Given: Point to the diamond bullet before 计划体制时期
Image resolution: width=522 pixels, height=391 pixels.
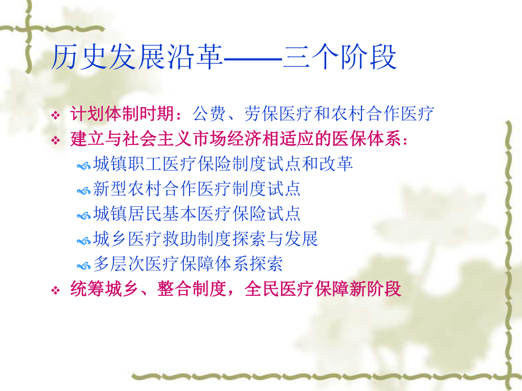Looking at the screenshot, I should pyautogui.click(x=56, y=115).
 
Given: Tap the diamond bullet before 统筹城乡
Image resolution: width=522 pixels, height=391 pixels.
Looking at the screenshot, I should pyautogui.click(x=56, y=291).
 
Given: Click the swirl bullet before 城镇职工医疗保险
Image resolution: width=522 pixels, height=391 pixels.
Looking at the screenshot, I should pyautogui.click(x=83, y=165).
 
